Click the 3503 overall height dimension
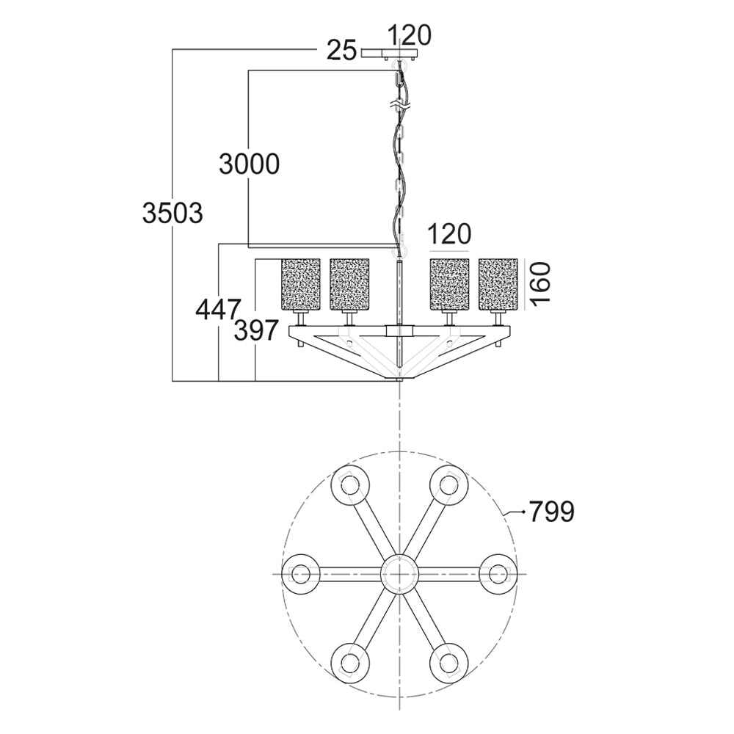pyautogui.click(x=172, y=214)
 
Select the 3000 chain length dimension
pyautogui.click(x=249, y=164)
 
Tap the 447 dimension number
pyautogui.click(x=218, y=310)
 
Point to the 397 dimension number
pyautogui.click(x=256, y=330)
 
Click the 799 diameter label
pyautogui.click(x=551, y=512)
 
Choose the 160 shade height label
pyautogui.click(x=540, y=283)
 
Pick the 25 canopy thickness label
pyautogui.click(x=342, y=50)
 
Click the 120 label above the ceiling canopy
pyautogui.click(x=410, y=35)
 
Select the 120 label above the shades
pyautogui.click(x=449, y=234)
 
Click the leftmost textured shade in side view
pyautogui.click(x=300, y=284)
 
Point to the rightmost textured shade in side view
pyautogui.click(x=498, y=284)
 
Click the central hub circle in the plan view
pyautogui.click(x=399, y=573)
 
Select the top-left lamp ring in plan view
pyautogui.click(x=350, y=485)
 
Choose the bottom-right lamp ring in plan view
pyautogui.click(x=448, y=662)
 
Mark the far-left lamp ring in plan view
pyautogui.click(x=301, y=573)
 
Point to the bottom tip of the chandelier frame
pyautogui.click(x=399, y=380)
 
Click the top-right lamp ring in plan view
pyautogui.click(x=448, y=485)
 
